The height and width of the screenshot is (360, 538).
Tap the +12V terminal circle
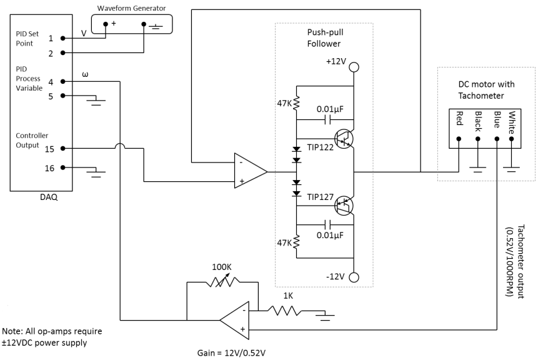(354, 66)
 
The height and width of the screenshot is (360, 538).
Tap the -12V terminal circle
(354, 277)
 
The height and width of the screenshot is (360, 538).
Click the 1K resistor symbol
(284, 309)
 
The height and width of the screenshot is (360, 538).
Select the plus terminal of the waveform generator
(106, 24)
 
